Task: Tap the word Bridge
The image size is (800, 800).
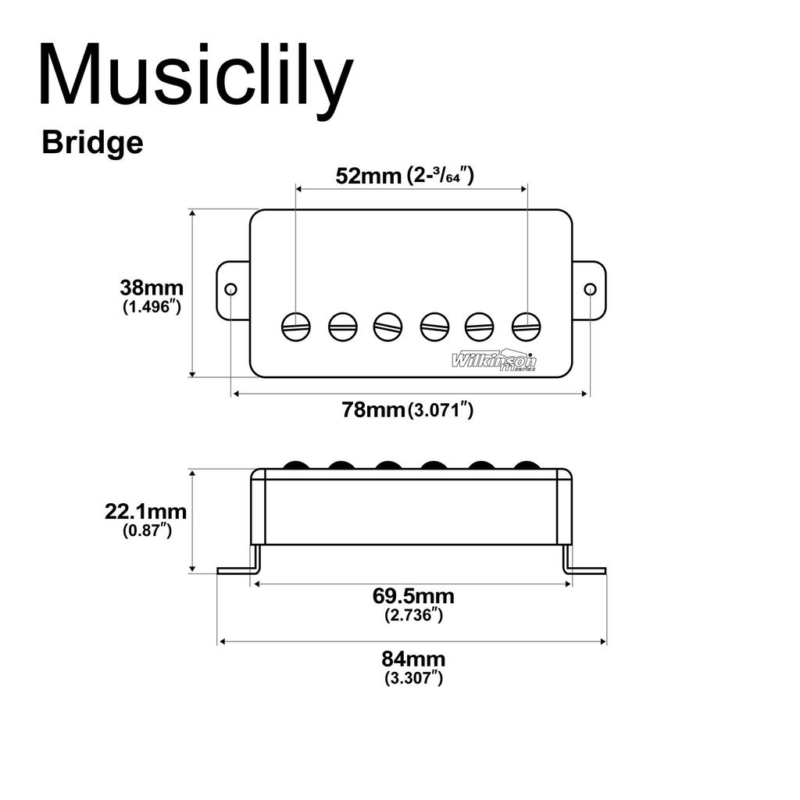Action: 92,143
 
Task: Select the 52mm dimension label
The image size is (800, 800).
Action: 367,175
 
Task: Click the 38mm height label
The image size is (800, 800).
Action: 152,287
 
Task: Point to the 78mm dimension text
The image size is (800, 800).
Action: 373,409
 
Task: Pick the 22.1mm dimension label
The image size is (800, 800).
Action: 146,512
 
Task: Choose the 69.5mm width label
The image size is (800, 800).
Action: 413,597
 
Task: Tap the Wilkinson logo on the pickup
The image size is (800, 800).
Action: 495,360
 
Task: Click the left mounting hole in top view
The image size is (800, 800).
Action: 230,290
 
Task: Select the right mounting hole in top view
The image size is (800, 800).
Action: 590,290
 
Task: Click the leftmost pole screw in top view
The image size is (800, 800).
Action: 296,326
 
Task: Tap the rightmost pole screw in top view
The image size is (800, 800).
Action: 527,326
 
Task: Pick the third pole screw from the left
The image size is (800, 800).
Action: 387,326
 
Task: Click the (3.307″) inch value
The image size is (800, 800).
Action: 413,678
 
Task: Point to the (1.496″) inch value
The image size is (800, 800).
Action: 152,307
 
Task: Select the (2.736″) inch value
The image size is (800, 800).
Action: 413,615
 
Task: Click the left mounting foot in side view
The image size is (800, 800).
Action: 238,569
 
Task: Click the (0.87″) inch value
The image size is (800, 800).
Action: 147,530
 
